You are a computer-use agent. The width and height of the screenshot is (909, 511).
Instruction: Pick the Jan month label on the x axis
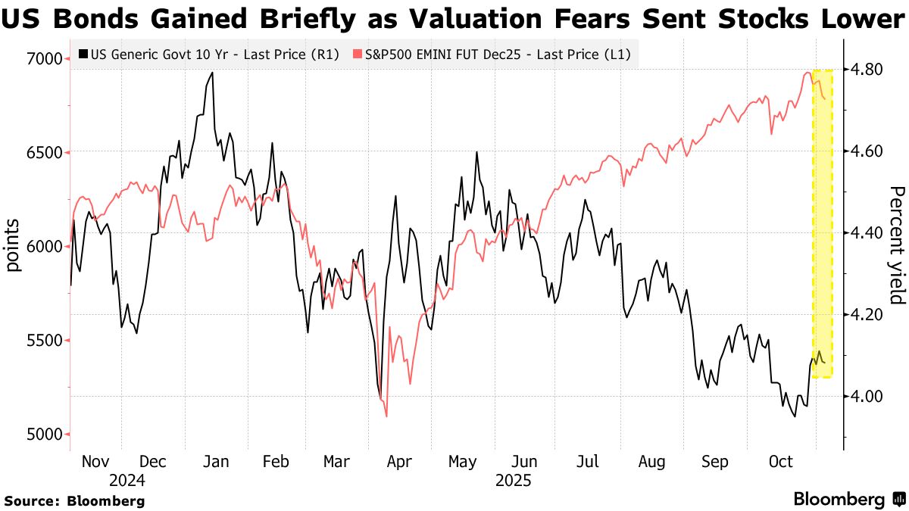pos(217,462)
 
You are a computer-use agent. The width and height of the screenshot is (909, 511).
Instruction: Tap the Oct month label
pos(780,462)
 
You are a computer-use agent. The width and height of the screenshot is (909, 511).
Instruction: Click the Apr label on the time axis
pos(398,462)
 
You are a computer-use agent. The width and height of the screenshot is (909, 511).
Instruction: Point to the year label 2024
pos(127,481)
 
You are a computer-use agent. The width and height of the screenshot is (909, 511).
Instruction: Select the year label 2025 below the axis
pos(513,481)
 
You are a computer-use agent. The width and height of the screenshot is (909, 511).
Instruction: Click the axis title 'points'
pos(13,246)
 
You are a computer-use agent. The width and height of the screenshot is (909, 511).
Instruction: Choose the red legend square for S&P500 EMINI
pos(358,55)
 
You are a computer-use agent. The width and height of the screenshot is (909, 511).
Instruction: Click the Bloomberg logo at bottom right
pos(848,500)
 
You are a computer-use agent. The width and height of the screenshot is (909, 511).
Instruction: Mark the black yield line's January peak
pos(212,73)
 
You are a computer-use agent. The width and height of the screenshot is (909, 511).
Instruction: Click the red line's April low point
pos(386,416)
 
